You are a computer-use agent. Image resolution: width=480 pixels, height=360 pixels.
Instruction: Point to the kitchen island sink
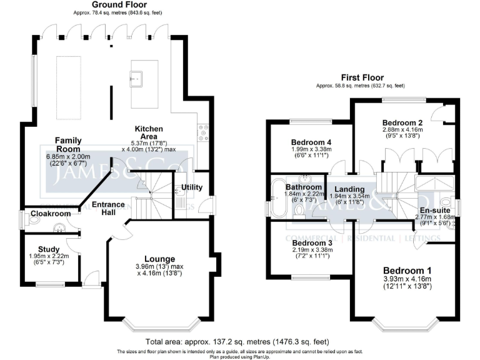click(137, 78)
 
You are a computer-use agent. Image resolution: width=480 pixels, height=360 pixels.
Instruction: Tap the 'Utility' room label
click(192, 187)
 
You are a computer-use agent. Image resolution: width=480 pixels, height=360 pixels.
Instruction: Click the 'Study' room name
click(48, 249)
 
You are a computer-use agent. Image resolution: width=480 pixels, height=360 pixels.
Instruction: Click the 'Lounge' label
click(159, 258)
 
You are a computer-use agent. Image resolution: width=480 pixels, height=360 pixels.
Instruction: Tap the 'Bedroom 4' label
click(311, 142)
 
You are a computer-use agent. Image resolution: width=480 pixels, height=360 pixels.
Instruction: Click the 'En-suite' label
click(432, 210)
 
